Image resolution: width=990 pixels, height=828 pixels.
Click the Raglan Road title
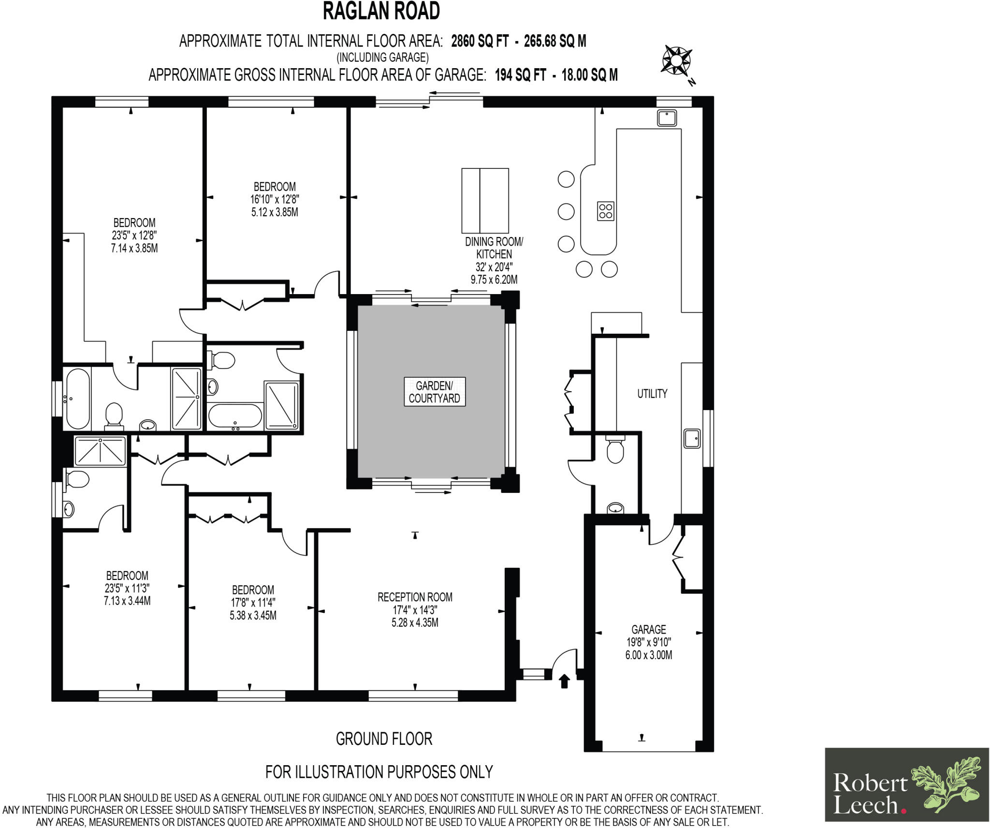point(381,11)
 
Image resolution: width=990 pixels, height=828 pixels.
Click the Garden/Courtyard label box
point(435,392)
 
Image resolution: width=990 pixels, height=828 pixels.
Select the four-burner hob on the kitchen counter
point(606,211)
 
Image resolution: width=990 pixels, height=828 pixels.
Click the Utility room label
point(652,394)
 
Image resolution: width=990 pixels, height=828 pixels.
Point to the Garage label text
point(649,629)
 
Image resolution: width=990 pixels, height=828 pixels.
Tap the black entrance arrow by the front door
point(565,681)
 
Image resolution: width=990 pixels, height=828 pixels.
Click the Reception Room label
point(415,597)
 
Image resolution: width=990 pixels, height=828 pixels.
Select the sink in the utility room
point(692,438)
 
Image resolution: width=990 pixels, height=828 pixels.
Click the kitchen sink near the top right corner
point(667,118)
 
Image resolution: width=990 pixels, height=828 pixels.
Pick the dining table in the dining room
point(485,200)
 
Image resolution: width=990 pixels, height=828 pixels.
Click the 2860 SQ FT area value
point(480,42)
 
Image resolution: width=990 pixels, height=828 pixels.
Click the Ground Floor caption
point(384,739)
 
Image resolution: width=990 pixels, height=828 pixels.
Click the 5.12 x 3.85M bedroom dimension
point(275,212)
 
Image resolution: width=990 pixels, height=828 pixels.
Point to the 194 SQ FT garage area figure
point(521,75)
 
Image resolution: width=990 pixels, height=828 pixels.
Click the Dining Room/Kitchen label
point(494,248)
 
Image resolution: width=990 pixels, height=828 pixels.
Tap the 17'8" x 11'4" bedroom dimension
point(253,603)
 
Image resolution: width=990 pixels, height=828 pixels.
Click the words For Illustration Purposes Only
point(379,772)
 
